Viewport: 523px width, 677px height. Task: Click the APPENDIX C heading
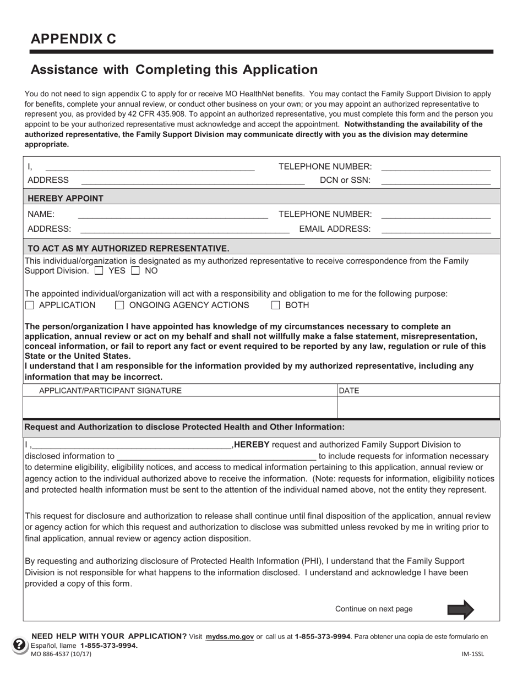tap(73, 39)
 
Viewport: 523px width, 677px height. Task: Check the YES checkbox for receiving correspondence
tap(99, 271)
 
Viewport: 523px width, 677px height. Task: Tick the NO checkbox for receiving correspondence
tap(134, 271)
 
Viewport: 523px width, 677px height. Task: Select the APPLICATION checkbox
tap(30, 305)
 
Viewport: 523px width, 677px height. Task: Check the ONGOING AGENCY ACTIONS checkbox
tap(119, 305)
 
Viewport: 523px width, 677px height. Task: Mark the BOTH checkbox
tap(276, 305)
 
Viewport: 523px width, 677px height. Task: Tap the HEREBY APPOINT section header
tap(65, 198)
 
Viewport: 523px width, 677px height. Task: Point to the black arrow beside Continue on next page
tap(460, 609)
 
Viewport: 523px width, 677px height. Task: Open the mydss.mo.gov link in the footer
tap(230, 637)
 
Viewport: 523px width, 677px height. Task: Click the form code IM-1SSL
tap(472, 654)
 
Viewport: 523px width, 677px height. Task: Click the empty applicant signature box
tap(179, 408)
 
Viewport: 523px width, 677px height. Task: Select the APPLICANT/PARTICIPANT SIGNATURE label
tap(110, 391)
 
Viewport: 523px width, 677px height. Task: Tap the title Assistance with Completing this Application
tap(174, 70)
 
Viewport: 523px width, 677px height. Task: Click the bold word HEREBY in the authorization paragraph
tap(252, 445)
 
